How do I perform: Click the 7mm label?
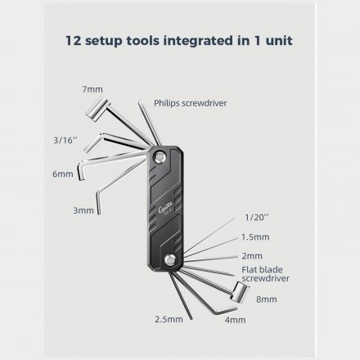(x=92, y=89)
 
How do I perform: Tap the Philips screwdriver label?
(x=191, y=103)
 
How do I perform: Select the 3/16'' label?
(x=65, y=140)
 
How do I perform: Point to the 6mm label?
(x=63, y=174)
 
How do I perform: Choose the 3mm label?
(x=83, y=210)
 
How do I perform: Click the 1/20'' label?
(x=257, y=218)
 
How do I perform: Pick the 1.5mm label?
(x=255, y=237)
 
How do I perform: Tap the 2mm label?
(x=252, y=256)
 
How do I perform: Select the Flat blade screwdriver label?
(x=265, y=274)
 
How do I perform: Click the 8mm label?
(x=267, y=299)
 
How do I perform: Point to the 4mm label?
(x=235, y=320)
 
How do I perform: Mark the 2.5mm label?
(x=169, y=319)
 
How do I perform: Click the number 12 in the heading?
(x=74, y=41)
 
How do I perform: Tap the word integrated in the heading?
(x=198, y=41)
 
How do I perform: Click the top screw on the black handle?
(x=160, y=157)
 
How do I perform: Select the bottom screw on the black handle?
(x=170, y=260)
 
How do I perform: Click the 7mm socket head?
(x=97, y=109)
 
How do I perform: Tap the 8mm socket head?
(x=240, y=292)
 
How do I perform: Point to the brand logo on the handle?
(x=165, y=210)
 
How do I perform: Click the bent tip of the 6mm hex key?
(x=82, y=171)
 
